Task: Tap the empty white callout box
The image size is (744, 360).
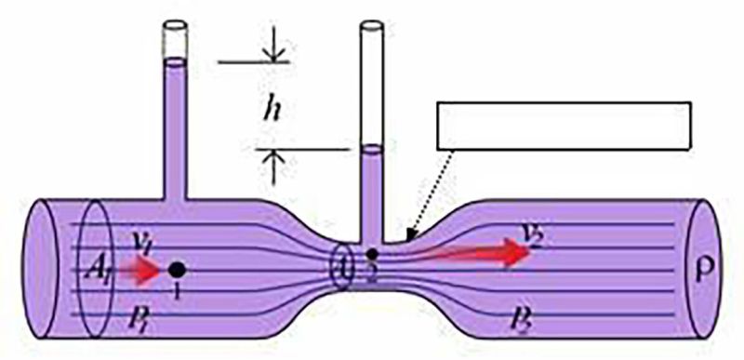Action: pyautogui.click(x=564, y=125)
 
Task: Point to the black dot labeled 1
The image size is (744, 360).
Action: pyautogui.click(x=177, y=270)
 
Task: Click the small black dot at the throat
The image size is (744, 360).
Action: pyautogui.click(x=372, y=253)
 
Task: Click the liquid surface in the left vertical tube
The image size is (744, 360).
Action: pyautogui.click(x=175, y=62)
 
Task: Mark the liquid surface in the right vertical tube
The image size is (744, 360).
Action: pyautogui.click(x=372, y=146)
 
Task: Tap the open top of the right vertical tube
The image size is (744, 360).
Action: pyautogui.click(x=372, y=23)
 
